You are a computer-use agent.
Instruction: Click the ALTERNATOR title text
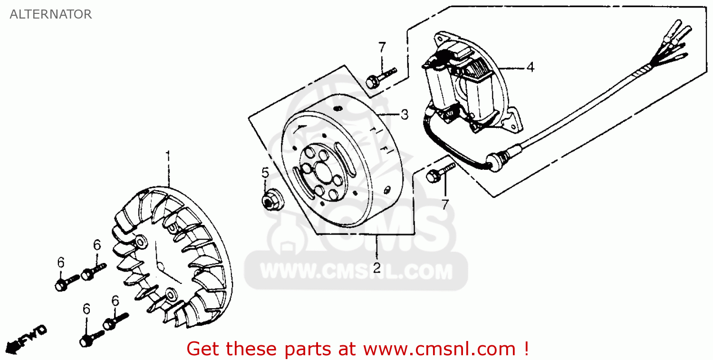click(x=50, y=14)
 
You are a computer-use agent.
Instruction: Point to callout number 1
click(x=167, y=156)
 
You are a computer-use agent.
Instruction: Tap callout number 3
click(x=404, y=115)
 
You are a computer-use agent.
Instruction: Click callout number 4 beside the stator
click(x=530, y=68)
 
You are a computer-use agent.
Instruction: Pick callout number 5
click(x=265, y=173)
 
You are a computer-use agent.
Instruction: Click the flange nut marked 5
click(x=270, y=202)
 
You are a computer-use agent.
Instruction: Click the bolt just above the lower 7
click(x=441, y=172)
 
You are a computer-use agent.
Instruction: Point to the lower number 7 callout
click(x=445, y=204)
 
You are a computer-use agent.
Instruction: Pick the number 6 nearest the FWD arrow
click(x=86, y=309)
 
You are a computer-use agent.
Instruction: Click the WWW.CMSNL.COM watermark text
click(x=356, y=272)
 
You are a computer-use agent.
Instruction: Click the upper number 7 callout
click(x=382, y=47)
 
